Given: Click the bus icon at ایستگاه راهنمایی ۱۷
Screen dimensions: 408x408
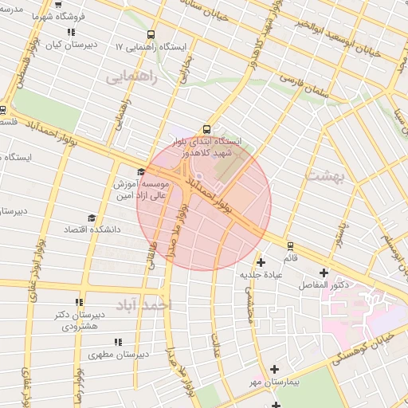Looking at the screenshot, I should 151,34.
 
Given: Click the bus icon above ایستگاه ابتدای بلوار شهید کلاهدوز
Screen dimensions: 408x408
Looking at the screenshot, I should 207,128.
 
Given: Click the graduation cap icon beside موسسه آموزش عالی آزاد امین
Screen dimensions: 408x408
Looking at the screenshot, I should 141,171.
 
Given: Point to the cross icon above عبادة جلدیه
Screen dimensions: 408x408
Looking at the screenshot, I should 261,261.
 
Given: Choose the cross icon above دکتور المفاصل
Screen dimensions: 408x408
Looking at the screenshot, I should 324,273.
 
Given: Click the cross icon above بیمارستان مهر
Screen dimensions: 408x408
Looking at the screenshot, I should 275,369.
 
